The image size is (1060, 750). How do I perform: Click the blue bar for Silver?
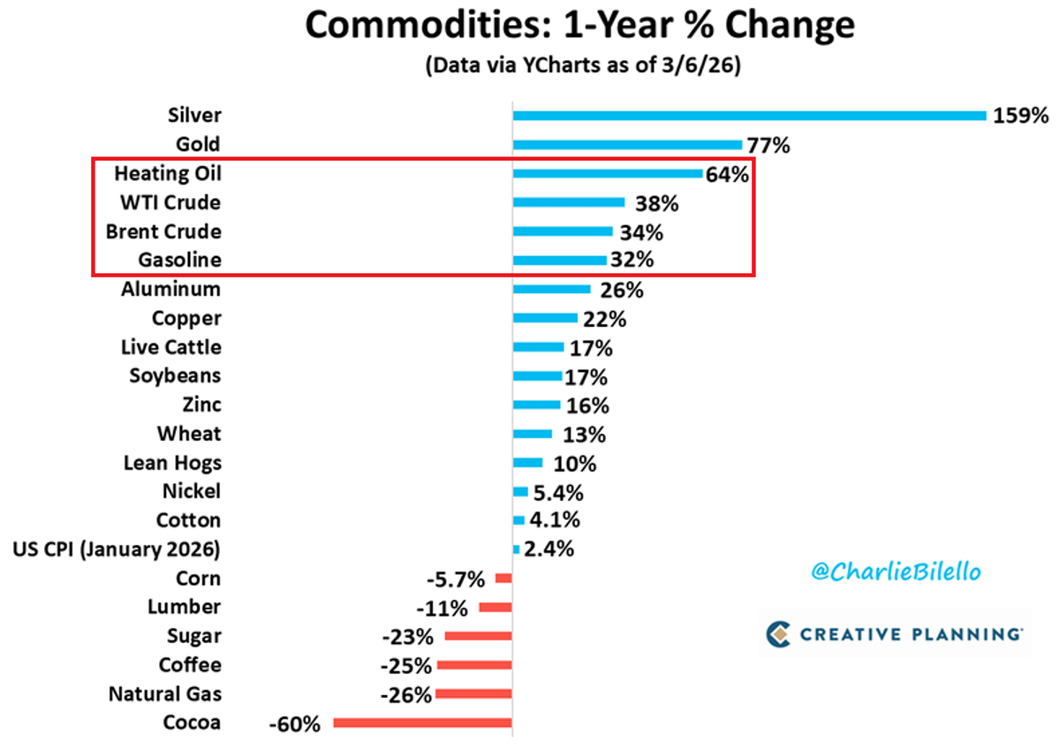pos(749,116)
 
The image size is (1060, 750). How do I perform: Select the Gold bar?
pos(627,145)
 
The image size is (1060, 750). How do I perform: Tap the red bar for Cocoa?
pos(422,723)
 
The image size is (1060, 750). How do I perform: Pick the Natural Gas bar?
pos(473,694)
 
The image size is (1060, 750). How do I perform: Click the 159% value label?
pos(1020,116)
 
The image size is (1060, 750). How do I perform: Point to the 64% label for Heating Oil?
pos(727,174)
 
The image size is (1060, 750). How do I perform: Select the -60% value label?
pos(293,723)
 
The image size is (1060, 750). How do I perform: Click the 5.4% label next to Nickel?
pos(557,492)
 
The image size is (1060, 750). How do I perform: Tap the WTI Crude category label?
pos(170,202)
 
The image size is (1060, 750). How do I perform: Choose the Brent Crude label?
pos(163,231)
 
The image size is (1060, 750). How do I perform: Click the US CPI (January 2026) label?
pos(117,549)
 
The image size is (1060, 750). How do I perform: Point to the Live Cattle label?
pos(170,347)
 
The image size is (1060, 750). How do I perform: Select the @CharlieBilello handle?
pos(896,572)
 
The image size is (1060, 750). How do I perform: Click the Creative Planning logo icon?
pos(777,633)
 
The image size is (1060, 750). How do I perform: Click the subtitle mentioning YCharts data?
pos(580,67)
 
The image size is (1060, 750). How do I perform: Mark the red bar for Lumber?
pos(496,608)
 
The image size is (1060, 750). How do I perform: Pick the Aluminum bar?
pos(551,289)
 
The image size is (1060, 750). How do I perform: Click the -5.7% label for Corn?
pos(456,580)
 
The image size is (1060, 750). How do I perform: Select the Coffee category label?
pos(190,664)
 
